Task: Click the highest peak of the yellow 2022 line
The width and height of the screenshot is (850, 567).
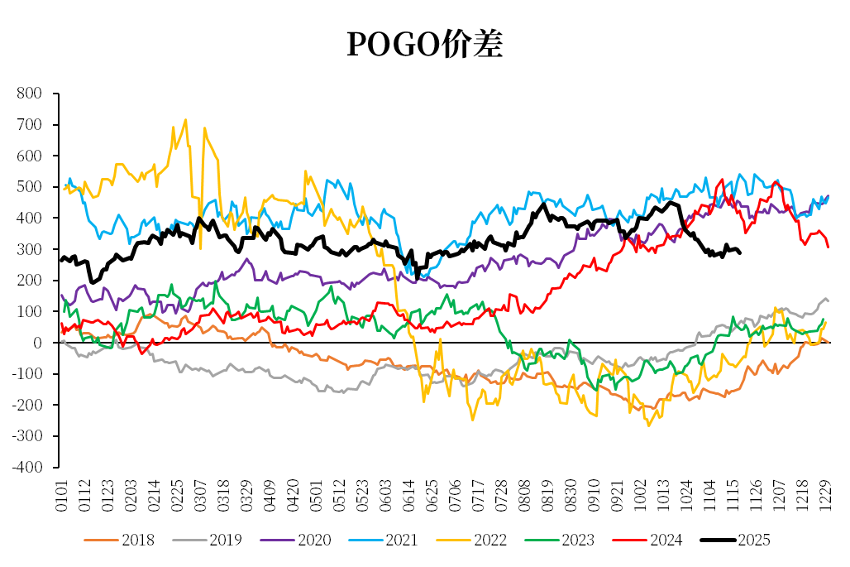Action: pyautogui.click(x=185, y=119)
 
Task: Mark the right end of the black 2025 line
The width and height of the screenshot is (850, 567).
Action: pyautogui.click(x=739, y=252)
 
